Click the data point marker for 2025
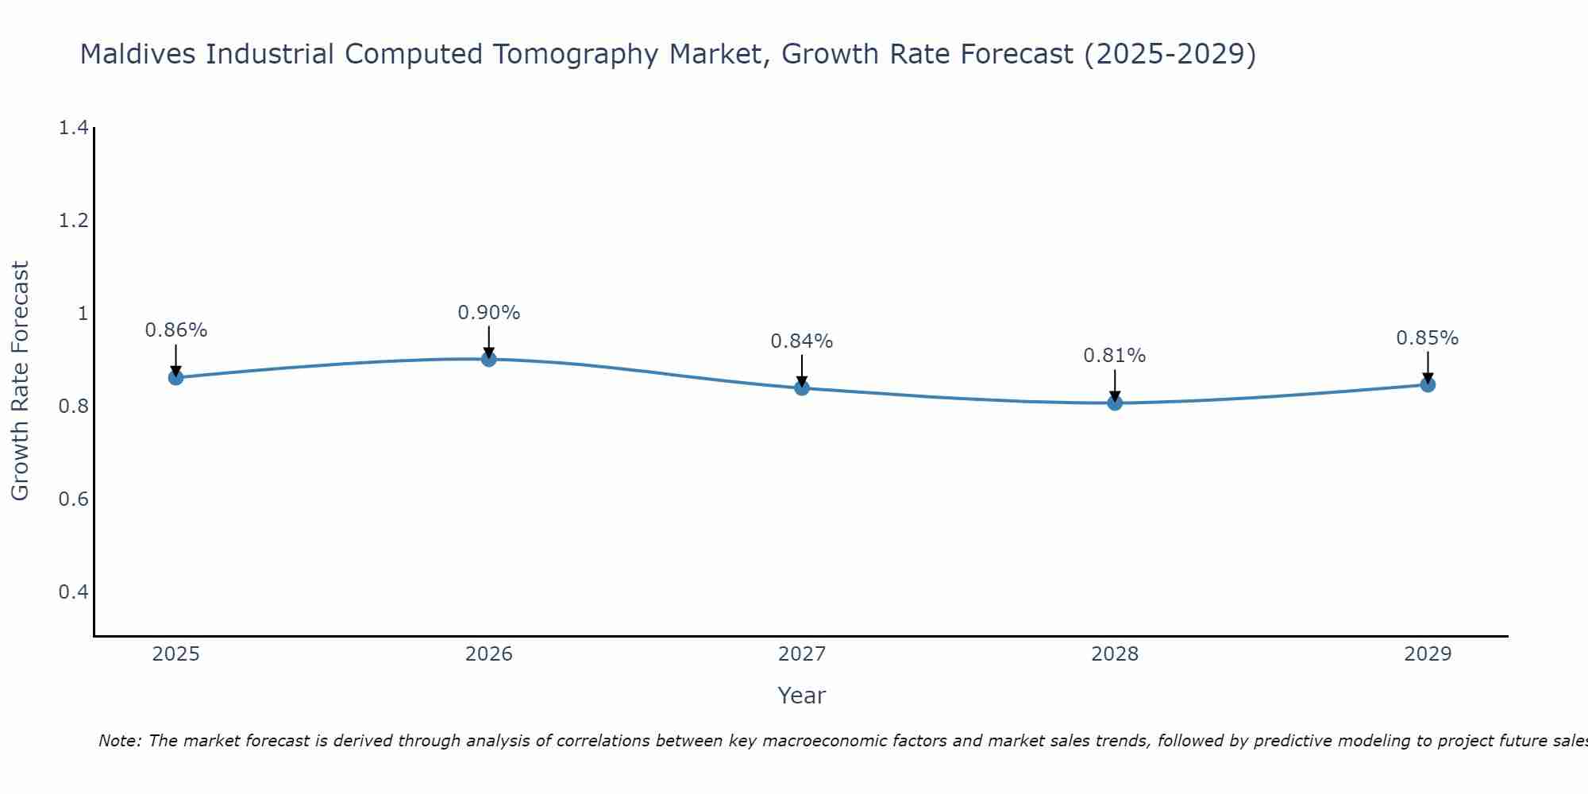pyautogui.click(x=175, y=377)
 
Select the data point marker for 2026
pyautogui.click(x=488, y=359)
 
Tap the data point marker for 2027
pyautogui.click(x=801, y=387)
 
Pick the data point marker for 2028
pyautogui.click(x=1114, y=403)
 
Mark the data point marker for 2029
pyautogui.click(x=1427, y=384)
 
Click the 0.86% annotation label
pyautogui.click(x=175, y=330)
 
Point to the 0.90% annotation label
pyautogui.click(x=488, y=313)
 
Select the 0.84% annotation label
pyautogui.click(x=801, y=341)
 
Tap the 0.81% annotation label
pyautogui.click(x=1114, y=356)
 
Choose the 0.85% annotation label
pyautogui.click(x=1427, y=338)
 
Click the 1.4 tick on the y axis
pyautogui.click(x=73, y=128)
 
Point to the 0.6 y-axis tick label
pyautogui.click(x=73, y=499)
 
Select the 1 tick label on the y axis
pyautogui.click(x=82, y=314)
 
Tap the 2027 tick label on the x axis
pyautogui.click(x=801, y=654)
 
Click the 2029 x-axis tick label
pyautogui.click(x=1427, y=654)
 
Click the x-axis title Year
pyautogui.click(x=801, y=696)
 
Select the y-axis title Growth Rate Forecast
pyautogui.click(x=20, y=381)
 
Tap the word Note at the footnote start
pyautogui.click(x=119, y=741)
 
